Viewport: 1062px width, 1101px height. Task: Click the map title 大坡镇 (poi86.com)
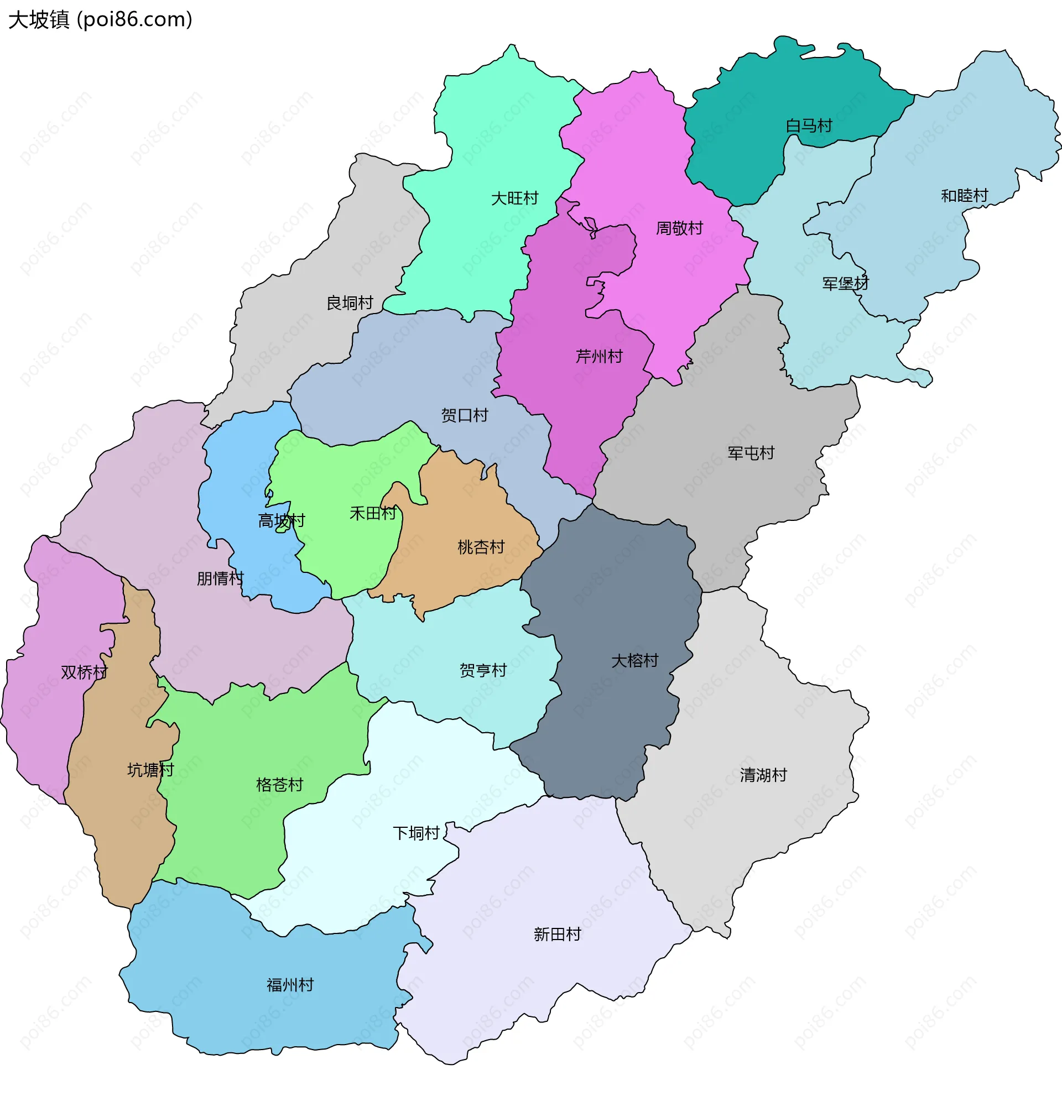click(100, 20)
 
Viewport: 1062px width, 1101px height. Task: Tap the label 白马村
click(809, 126)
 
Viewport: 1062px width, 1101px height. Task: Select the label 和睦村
click(964, 196)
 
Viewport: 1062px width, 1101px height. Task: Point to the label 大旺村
click(514, 199)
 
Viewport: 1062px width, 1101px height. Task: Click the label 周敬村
click(679, 228)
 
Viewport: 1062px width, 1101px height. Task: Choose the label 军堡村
click(845, 283)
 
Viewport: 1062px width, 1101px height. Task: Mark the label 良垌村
click(350, 303)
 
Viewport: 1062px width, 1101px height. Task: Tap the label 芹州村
click(599, 356)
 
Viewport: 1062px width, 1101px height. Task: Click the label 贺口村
click(464, 415)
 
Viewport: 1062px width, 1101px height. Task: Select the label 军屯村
click(751, 453)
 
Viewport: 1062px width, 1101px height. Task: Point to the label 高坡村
click(281, 521)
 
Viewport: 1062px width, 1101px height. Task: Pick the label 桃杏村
click(481, 546)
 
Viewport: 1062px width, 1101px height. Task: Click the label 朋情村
click(220, 578)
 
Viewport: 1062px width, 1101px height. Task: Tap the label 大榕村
click(634, 660)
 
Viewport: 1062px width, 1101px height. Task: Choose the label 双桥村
click(84, 672)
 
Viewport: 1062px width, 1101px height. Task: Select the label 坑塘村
click(150, 770)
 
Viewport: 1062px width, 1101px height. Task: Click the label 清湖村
click(763, 775)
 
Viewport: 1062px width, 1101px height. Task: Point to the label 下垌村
click(416, 832)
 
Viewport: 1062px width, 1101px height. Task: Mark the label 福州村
click(290, 985)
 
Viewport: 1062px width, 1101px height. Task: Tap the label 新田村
click(557, 934)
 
